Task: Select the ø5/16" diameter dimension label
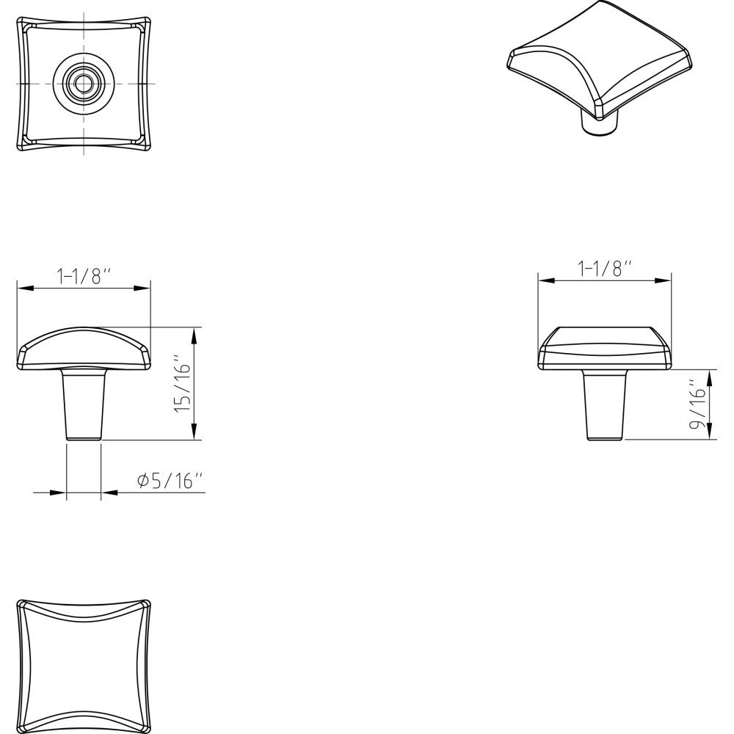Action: (x=170, y=481)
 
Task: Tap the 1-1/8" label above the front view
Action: (x=83, y=277)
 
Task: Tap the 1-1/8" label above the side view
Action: (x=605, y=269)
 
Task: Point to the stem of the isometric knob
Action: (x=598, y=123)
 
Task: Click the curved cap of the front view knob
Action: (x=84, y=346)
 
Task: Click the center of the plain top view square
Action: (x=84, y=667)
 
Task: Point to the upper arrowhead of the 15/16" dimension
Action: (x=194, y=333)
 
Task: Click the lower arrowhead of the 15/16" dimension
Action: (x=194, y=434)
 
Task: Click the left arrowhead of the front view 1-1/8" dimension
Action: (x=23, y=288)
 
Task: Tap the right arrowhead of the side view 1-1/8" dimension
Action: (x=665, y=280)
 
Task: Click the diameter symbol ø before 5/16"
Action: (x=143, y=481)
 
